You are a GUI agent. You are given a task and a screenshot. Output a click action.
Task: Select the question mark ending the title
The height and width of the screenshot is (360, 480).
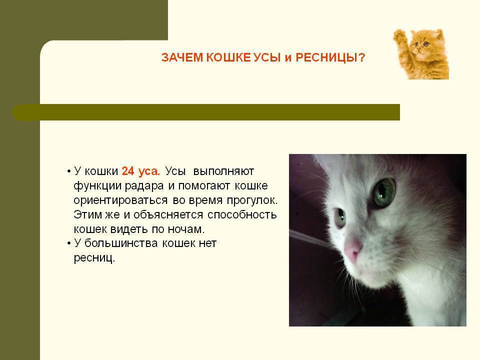pos(361,57)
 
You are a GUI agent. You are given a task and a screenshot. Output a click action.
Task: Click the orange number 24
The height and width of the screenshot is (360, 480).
pos(128,171)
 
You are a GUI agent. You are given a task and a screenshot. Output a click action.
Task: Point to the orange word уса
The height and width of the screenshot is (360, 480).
pos(149,171)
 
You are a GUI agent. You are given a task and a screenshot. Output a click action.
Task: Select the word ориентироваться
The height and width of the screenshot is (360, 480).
pos(120,200)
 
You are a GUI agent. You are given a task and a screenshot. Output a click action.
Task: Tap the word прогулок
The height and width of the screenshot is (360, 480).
pos(252,200)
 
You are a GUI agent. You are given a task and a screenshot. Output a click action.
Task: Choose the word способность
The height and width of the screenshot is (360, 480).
pos(242,215)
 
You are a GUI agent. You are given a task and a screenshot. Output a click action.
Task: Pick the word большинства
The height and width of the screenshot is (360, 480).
pos(121,243)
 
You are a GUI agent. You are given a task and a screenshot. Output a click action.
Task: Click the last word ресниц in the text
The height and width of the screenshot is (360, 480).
pos(94,258)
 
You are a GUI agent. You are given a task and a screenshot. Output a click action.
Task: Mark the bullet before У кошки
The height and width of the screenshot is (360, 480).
pos(69,171)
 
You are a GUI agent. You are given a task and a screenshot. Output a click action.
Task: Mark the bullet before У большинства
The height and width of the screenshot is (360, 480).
pos(69,243)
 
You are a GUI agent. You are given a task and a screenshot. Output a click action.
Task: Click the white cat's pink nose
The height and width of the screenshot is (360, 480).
pos(352,248)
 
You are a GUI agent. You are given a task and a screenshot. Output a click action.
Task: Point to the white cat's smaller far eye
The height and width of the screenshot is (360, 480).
pos(340,217)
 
